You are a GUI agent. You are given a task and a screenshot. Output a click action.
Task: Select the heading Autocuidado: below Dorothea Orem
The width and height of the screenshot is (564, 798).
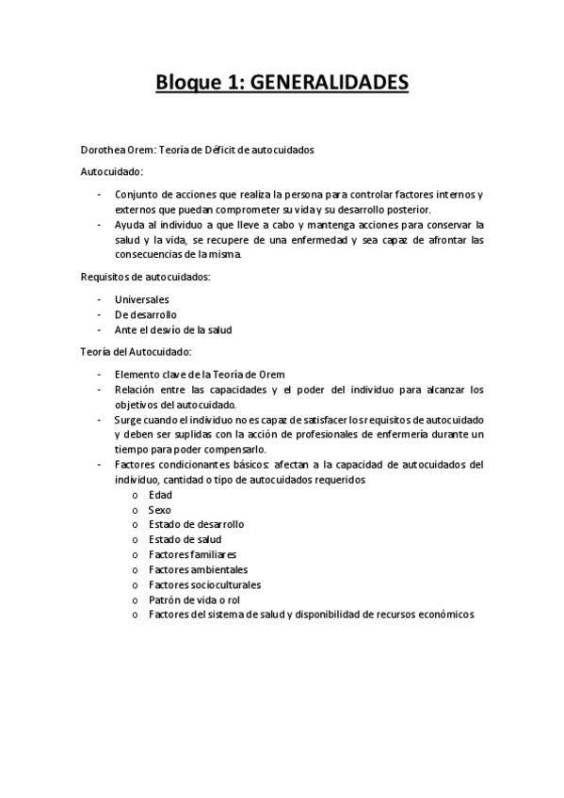point(111,172)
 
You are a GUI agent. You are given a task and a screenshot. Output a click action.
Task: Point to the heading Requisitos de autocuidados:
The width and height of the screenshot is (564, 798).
point(144,277)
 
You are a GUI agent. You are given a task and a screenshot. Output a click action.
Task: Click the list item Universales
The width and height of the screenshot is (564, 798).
point(141,299)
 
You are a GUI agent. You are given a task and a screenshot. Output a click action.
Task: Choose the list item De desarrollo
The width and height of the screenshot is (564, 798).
point(146,314)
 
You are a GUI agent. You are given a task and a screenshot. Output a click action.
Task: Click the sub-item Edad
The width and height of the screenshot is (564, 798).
point(160,494)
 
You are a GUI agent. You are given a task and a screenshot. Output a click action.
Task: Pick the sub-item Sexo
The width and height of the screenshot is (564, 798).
point(160,509)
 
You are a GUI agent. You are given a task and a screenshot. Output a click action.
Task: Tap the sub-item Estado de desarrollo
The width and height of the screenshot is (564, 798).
point(196,524)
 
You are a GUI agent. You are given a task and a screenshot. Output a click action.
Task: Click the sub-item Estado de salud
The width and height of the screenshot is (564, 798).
point(185,539)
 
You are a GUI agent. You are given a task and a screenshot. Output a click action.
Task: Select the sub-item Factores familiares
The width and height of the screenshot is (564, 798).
point(192,554)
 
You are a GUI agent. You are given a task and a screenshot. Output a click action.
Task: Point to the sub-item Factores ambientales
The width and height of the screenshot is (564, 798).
point(198,569)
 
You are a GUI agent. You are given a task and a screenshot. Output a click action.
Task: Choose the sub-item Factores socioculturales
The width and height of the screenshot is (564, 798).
point(204,584)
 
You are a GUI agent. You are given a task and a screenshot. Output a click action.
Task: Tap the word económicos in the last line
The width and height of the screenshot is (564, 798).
point(443,614)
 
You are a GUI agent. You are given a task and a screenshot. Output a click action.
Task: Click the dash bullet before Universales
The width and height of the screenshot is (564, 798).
point(99,299)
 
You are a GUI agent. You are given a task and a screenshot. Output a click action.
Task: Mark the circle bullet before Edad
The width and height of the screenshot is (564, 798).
point(137,495)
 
